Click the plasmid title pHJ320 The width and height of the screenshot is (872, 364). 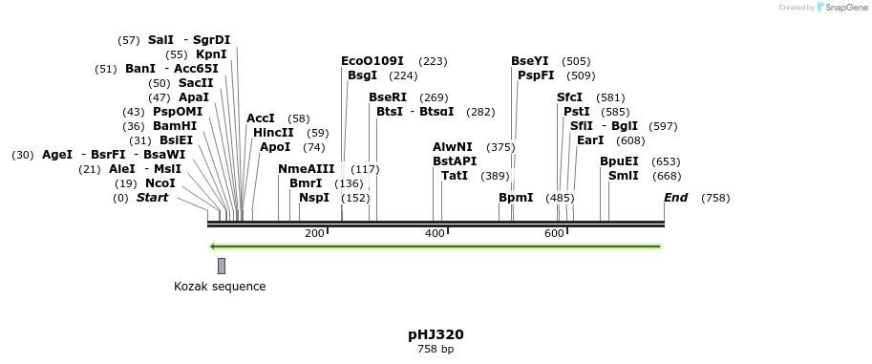(436, 334)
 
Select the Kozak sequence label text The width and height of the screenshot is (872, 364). (220, 287)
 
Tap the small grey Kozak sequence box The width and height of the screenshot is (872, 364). (222, 266)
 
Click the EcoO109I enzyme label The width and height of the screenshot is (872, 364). (372, 61)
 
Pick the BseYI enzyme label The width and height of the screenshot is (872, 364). (530, 61)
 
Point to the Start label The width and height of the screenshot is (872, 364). (152, 198)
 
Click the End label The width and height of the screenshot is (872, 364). (676, 198)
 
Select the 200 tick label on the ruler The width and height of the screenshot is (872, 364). (314, 234)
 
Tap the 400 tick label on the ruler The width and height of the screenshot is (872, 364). (435, 234)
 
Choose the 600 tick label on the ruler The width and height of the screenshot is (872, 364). (555, 234)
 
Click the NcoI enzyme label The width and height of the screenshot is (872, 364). (160, 183)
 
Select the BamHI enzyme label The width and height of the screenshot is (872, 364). (175, 126)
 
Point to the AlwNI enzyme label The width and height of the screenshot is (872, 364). (453, 147)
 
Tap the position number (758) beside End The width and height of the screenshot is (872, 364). (715, 198)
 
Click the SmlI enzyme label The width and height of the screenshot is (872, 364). (624, 176)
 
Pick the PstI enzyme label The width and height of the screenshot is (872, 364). (577, 112)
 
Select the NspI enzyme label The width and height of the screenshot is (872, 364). (314, 198)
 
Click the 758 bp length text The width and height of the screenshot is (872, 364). (436, 350)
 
